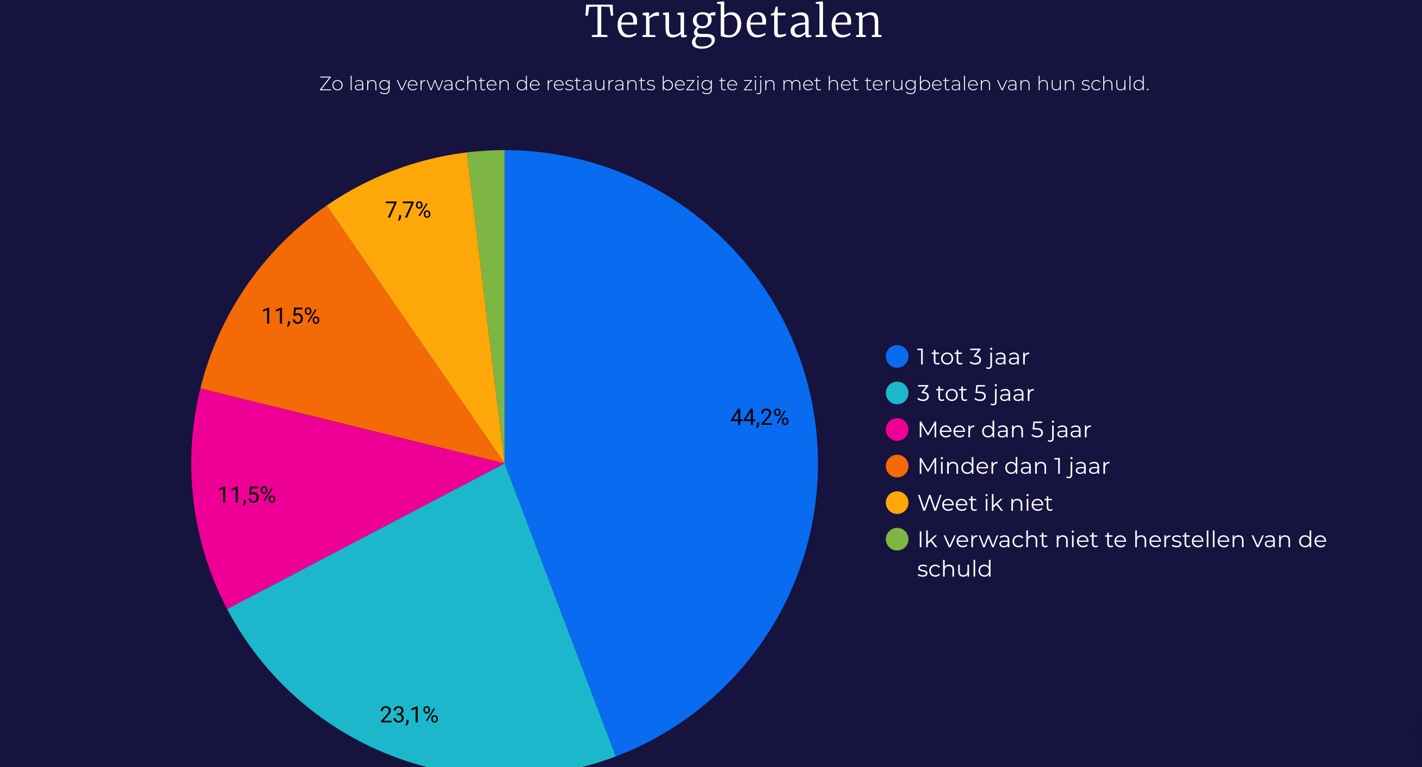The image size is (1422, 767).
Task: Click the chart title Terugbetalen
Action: pos(734,23)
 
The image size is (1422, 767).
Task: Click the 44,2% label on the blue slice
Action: pos(759,417)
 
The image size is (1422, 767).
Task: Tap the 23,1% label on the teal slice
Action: pos(409,715)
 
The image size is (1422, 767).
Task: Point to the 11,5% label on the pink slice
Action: pos(246,495)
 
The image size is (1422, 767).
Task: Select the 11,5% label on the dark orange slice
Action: pos(290,316)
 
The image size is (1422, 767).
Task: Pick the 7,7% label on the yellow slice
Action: pos(407,210)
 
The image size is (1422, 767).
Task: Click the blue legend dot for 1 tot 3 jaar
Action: pos(897,356)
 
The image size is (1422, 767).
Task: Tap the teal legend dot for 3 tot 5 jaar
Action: pos(897,393)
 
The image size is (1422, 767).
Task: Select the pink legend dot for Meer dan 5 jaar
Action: pos(897,430)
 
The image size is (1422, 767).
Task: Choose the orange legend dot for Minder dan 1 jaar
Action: pos(897,466)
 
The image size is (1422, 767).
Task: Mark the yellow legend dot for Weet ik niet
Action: pos(897,503)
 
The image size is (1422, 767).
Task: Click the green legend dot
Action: pos(897,539)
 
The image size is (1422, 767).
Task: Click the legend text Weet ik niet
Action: pos(985,503)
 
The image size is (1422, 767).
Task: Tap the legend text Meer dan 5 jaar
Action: pos(1004,430)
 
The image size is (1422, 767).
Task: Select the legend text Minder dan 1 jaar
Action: pos(1013,466)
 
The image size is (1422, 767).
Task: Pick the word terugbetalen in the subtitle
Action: pos(928,84)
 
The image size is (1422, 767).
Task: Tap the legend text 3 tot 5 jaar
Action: pos(975,393)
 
